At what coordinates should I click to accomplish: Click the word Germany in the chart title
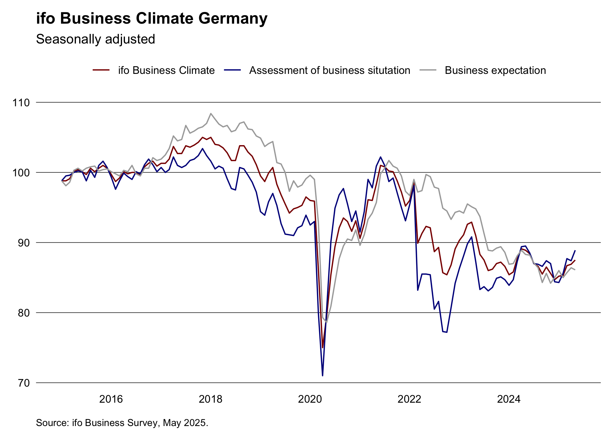(x=233, y=19)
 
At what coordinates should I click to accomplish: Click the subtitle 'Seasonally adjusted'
(x=95, y=39)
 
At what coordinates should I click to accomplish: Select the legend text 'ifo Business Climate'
(x=166, y=70)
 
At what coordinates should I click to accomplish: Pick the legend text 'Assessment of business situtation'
(x=330, y=70)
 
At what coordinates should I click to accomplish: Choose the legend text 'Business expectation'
(x=495, y=70)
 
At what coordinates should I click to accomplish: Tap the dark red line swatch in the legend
(x=101, y=70)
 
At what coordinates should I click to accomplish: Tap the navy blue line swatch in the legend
(x=232, y=70)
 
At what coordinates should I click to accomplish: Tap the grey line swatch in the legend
(x=428, y=70)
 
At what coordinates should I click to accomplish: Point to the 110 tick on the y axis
(x=21, y=102)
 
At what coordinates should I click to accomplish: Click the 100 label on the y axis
(x=21, y=173)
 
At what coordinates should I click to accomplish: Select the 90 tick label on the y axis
(x=24, y=243)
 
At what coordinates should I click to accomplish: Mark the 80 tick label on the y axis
(x=24, y=313)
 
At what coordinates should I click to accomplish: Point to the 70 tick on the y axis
(x=24, y=383)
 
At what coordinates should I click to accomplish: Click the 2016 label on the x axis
(x=111, y=399)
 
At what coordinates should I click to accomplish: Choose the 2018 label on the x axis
(x=210, y=399)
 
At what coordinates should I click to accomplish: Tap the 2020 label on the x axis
(x=310, y=399)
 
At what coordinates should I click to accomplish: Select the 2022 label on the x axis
(x=409, y=399)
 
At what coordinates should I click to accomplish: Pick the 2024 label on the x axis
(x=509, y=399)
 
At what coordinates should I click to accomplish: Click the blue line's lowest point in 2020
(x=323, y=376)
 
